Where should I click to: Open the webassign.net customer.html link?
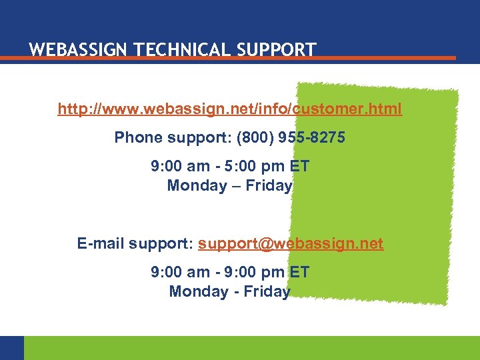[230, 109]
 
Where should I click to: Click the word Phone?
[139, 138]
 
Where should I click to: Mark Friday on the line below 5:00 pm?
[269, 186]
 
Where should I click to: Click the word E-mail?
[101, 244]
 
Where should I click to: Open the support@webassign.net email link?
[291, 244]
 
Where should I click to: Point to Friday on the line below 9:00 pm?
[268, 292]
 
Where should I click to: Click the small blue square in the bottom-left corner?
[11, 348]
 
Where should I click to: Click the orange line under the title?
[227, 59]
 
